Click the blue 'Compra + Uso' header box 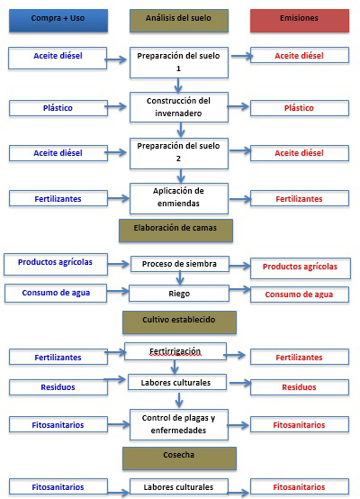click(58, 21)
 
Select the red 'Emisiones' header click(300, 21)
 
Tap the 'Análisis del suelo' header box click(179, 21)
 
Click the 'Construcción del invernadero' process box click(179, 107)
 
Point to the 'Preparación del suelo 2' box click(179, 153)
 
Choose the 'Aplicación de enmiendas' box click(179, 198)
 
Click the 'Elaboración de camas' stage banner click(175, 231)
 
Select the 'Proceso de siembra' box click(180, 264)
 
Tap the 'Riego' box click(179, 294)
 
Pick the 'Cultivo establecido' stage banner click(179, 322)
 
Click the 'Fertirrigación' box click(175, 351)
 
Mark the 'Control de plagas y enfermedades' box click(179, 424)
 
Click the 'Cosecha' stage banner click(179, 458)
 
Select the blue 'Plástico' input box click(58, 108)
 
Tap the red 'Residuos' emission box click(300, 387)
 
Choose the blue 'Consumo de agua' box click(56, 293)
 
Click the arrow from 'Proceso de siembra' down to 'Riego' click(180, 278)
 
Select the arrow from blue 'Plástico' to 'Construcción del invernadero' click(116, 106)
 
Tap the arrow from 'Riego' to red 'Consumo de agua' click(240, 290)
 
